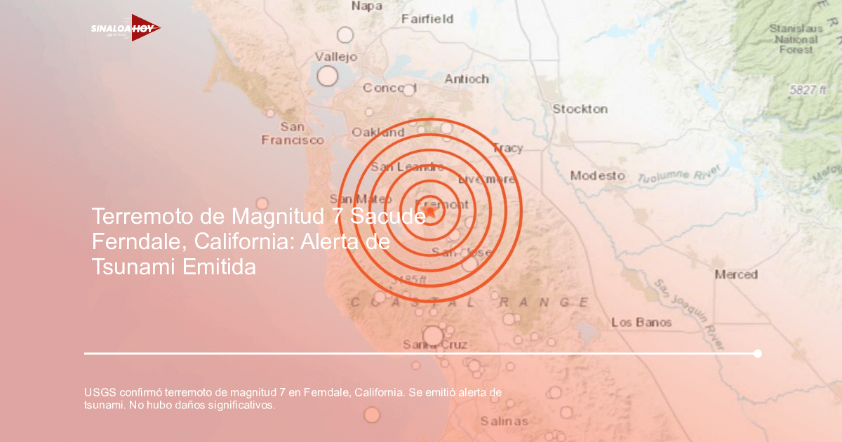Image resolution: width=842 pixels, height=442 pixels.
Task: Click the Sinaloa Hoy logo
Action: click(125, 29)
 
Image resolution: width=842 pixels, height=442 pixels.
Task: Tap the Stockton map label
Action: click(580, 109)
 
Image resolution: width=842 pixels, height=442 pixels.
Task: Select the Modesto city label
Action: click(597, 175)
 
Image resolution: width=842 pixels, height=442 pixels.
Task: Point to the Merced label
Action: click(736, 274)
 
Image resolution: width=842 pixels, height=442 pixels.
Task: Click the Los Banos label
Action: click(641, 322)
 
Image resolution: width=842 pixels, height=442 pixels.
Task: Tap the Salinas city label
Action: click(504, 421)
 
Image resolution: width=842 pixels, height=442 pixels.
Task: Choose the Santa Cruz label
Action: click(435, 344)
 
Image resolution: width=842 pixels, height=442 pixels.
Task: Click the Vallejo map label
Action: click(335, 57)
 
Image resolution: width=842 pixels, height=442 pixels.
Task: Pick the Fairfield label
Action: click(427, 19)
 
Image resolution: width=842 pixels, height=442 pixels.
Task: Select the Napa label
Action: click(366, 6)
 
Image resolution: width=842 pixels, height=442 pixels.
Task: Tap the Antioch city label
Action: click(467, 79)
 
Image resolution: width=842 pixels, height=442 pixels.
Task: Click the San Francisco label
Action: click(293, 133)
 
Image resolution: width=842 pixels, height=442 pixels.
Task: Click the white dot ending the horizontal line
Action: click(758, 354)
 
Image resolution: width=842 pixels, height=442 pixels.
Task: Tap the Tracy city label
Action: click(507, 148)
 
